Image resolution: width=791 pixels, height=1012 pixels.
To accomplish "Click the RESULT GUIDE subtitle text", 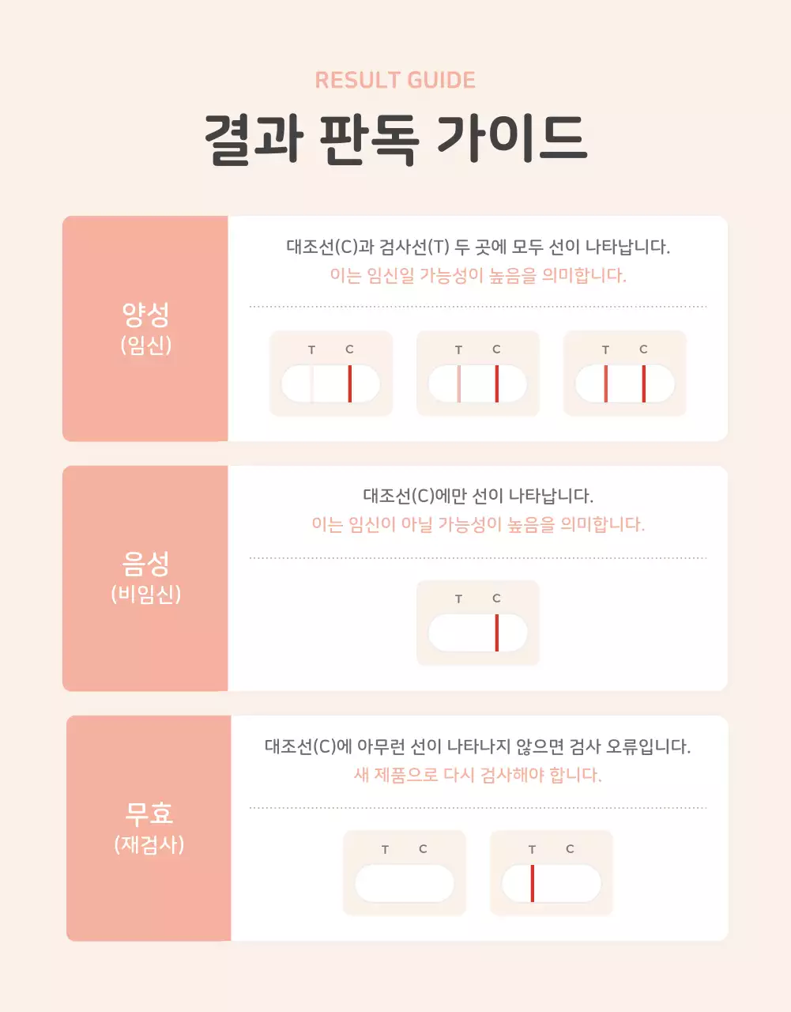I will (x=395, y=80).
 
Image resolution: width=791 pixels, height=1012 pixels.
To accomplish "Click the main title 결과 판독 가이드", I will (x=395, y=140).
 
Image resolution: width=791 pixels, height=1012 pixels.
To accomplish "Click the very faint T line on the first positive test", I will (x=312, y=384).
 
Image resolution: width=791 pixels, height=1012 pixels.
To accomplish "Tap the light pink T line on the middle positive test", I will (x=459, y=384).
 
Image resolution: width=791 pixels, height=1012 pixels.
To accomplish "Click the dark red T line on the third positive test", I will (x=606, y=384).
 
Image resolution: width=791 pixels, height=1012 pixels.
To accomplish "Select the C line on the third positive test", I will (x=644, y=384).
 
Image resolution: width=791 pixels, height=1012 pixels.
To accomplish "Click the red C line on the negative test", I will (x=497, y=633).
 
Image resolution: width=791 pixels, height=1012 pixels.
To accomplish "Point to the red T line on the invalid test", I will (x=533, y=883).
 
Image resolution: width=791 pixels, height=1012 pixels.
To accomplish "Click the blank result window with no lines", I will (x=405, y=883).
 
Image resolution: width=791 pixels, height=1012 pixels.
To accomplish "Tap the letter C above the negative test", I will (x=496, y=599).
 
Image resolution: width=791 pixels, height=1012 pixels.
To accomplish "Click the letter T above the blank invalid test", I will (x=385, y=849).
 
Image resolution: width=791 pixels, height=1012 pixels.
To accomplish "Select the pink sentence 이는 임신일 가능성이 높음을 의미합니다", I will (x=478, y=275).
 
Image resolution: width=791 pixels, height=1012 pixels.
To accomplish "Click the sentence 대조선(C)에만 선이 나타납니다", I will (x=478, y=496).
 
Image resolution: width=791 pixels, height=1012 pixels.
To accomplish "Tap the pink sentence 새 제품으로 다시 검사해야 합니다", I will (x=478, y=774).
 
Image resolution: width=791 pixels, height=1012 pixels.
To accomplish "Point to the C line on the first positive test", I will (x=350, y=384).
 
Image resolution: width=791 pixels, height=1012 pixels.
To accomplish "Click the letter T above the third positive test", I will (x=605, y=349).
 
